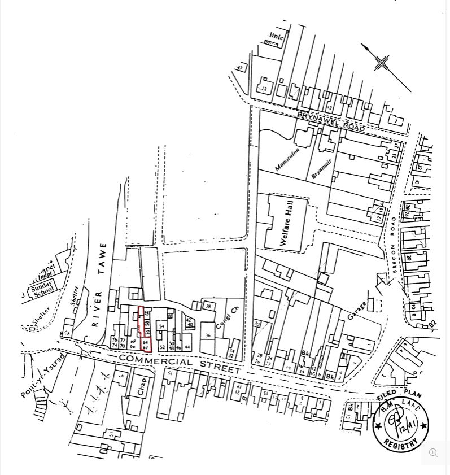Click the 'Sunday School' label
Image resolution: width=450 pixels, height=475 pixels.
[42, 287]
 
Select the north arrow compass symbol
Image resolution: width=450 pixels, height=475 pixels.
[382, 63]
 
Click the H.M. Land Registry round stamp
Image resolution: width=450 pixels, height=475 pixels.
[401, 424]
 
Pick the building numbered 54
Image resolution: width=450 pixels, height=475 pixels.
[161, 326]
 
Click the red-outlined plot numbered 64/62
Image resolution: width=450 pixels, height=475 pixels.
[146, 345]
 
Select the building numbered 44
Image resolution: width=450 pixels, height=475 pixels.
[187, 347]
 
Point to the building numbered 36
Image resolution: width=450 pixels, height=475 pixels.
[208, 335]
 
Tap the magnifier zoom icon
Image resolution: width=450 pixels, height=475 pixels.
[433, 453]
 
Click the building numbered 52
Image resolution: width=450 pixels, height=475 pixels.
[162, 347]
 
